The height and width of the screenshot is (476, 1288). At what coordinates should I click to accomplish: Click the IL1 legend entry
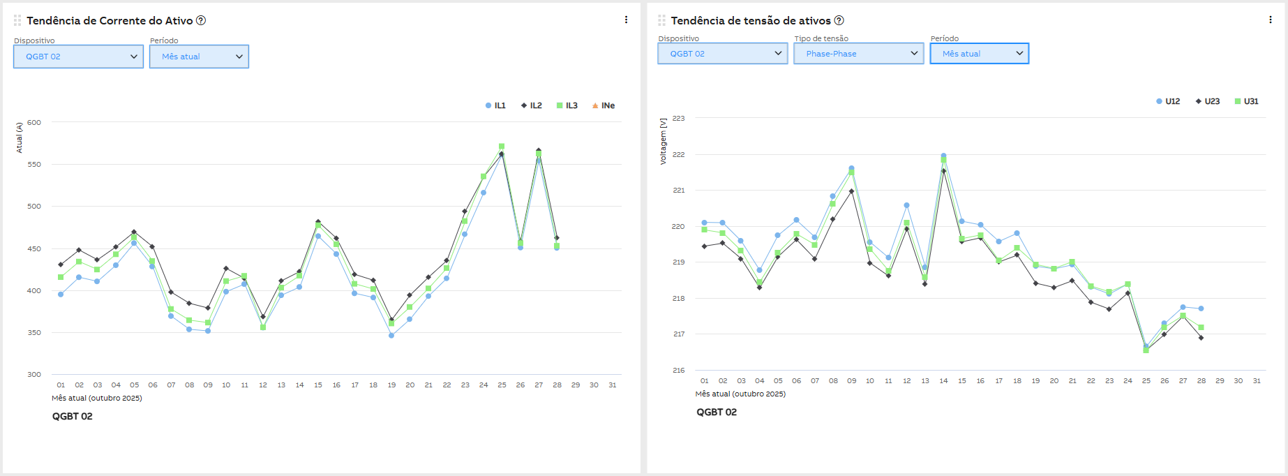tap(495, 106)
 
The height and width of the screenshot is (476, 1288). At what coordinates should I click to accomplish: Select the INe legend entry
tap(604, 106)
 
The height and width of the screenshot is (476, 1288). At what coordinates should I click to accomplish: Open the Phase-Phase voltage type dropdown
tap(858, 54)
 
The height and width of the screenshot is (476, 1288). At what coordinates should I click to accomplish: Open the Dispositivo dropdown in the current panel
tap(78, 57)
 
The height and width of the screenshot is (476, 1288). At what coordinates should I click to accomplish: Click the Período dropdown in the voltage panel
tap(979, 54)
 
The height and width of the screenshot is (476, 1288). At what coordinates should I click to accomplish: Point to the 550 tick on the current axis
tap(34, 165)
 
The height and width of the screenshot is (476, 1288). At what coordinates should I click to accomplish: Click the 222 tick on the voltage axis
tap(678, 155)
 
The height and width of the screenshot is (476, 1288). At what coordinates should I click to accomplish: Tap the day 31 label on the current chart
tap(612, 385)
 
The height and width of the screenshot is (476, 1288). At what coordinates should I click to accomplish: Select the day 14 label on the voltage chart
tap(943, 381)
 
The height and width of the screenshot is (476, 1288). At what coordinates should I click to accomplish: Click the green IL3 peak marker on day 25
tap(502, 147)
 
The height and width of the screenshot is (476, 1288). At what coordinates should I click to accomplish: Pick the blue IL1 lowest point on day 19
tap(391, 336)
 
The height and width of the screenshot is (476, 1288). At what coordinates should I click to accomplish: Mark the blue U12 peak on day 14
tap(943, 156)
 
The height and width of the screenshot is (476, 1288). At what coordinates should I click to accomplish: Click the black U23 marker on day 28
tap(1201, 338)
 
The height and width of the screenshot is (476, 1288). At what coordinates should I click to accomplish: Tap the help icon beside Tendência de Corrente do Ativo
tap(201, 20)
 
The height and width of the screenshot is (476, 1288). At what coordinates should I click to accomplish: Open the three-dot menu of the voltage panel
tap(1270, 20)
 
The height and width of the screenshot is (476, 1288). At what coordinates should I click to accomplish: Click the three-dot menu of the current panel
tap(626, 20)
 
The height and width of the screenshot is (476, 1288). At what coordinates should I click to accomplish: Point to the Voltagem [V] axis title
tap(663, 141)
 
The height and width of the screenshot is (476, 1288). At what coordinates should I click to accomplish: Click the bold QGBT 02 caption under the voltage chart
tap(717, 412)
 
